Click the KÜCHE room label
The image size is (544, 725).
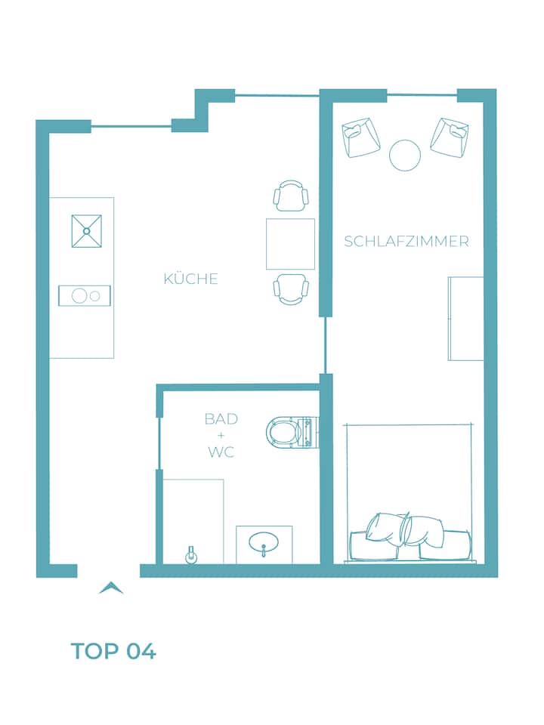click(x=190, y=279)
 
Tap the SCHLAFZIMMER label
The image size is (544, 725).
click(x=406, y=242)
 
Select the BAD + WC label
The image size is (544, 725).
click(x=221, y=435)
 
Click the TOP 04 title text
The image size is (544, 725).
click(x=113, y=651)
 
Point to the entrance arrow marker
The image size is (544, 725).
click(x=111, y=588)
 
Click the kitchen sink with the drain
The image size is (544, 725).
click(x=86, y=231)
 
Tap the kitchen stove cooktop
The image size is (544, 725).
click(x=85, y=295)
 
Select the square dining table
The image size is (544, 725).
click(x=290, y=244)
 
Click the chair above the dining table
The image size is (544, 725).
click(x=291, y=196)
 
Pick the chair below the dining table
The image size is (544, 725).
click(x=291, y=289)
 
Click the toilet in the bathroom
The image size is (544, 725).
click(x=292, y=432)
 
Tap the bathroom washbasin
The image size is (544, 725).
click(x=264, y=544)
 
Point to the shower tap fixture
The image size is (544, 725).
click(x=190, y=555)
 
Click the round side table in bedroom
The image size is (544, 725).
click(x=405, y=156)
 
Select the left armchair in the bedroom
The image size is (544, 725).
click(x=361, y=137)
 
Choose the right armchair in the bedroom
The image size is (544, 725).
click(x=450, y=137)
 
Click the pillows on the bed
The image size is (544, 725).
click(x=405, y=530)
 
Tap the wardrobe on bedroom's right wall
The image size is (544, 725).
click(x=466, y=319)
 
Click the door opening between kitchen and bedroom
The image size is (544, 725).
click(x=326, y=345)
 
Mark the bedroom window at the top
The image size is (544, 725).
click(x=422, y=95)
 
